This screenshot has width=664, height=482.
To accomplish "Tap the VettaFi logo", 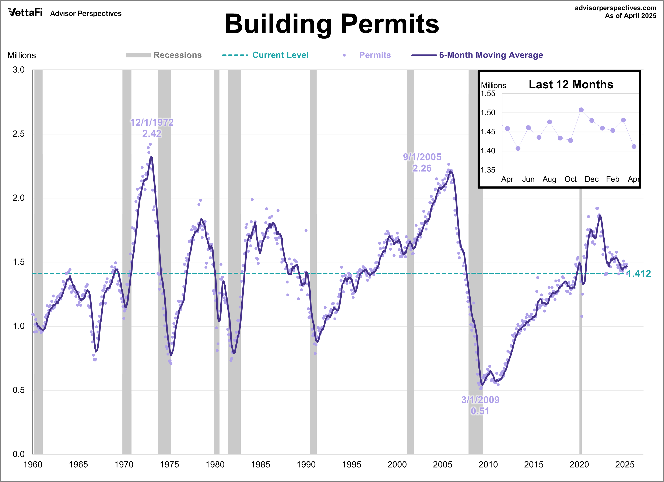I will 25,13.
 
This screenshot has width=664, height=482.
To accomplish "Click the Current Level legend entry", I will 280,55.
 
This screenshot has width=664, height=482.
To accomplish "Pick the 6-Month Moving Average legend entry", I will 491,55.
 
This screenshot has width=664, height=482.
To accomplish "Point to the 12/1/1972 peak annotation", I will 152,128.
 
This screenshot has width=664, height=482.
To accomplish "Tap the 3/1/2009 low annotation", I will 480,405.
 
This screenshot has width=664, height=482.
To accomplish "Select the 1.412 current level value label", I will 639,274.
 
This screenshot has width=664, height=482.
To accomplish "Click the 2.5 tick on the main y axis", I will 19,134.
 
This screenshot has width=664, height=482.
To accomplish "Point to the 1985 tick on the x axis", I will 261,464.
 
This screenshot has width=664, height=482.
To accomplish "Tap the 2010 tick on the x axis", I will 488,464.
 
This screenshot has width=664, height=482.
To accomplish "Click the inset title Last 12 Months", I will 571,85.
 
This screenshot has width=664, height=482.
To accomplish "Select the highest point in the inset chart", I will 581,110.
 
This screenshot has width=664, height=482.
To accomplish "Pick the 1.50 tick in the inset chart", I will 488,113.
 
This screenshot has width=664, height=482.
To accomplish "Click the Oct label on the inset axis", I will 570,179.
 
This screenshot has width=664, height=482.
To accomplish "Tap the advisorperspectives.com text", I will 615,8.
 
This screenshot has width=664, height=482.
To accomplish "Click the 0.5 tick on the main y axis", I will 19,390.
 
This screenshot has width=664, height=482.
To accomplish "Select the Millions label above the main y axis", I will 22,55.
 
